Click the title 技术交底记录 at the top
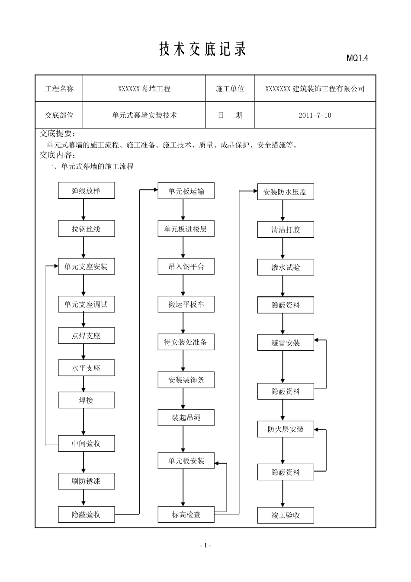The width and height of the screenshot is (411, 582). point(202,49)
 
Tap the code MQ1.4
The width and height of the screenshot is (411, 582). point(357,58)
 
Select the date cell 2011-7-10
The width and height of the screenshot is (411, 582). point(315,116)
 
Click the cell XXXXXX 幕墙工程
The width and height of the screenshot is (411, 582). point(144,89)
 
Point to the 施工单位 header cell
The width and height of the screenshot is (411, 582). point(230,89)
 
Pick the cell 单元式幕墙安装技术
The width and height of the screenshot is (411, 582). point(144,116)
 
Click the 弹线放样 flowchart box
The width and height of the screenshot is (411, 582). point(86,191)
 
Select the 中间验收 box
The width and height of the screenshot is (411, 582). point(86,443)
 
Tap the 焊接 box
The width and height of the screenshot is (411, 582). point(86,401)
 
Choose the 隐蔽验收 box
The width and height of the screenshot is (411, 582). point(86,514)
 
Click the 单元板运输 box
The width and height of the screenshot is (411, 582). point(186,191)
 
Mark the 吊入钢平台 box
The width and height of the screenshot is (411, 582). point(186,267)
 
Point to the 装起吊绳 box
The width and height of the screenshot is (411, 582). point(186,418)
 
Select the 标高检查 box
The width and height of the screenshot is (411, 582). point(186,515)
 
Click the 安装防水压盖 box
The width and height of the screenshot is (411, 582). point(285,192)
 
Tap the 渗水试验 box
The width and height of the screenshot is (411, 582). point(285,268)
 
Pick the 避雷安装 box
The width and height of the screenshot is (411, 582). point(285,343)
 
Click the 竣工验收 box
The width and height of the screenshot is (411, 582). point(285,515)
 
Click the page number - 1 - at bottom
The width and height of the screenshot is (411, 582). point(205,546)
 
